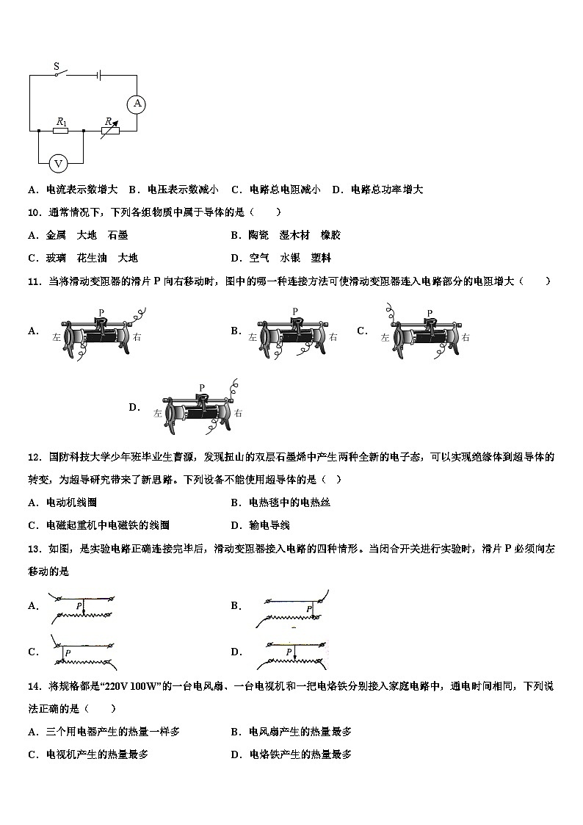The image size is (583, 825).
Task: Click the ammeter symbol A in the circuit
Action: [x=137, y=104]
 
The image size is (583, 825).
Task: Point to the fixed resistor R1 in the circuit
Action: [x=61, y=131]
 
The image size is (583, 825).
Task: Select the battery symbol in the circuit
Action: [x=98, y=74]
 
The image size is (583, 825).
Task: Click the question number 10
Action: [x=33, y=212]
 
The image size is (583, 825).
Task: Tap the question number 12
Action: [x=33, y=457]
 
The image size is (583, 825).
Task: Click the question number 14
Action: [x=33, y=687]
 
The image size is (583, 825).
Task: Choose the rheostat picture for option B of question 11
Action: [x=291, y=334]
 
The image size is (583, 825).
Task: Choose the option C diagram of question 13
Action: [x=81, y=652]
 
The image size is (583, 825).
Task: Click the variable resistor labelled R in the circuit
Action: [x=110, y=130]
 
